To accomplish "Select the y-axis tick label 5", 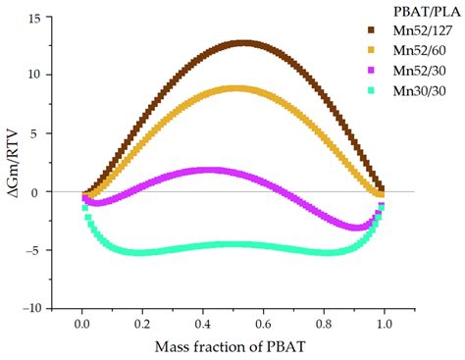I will [x=37, y=133].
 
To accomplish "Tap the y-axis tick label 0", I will [x=37, y=191].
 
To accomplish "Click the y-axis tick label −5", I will [x=33, y=249].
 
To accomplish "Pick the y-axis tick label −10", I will [x=30, y=307].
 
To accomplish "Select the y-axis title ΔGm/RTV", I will [x=12, y=162].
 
